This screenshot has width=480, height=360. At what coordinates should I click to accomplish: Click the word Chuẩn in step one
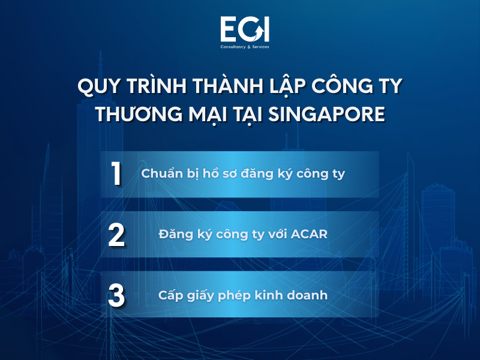coord(160,175)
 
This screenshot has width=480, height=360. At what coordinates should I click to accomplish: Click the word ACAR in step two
coord(308,235)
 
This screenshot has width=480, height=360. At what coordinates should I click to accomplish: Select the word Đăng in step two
coord(175,235)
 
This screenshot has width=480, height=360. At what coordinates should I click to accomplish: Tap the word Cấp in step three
coord(170,295)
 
